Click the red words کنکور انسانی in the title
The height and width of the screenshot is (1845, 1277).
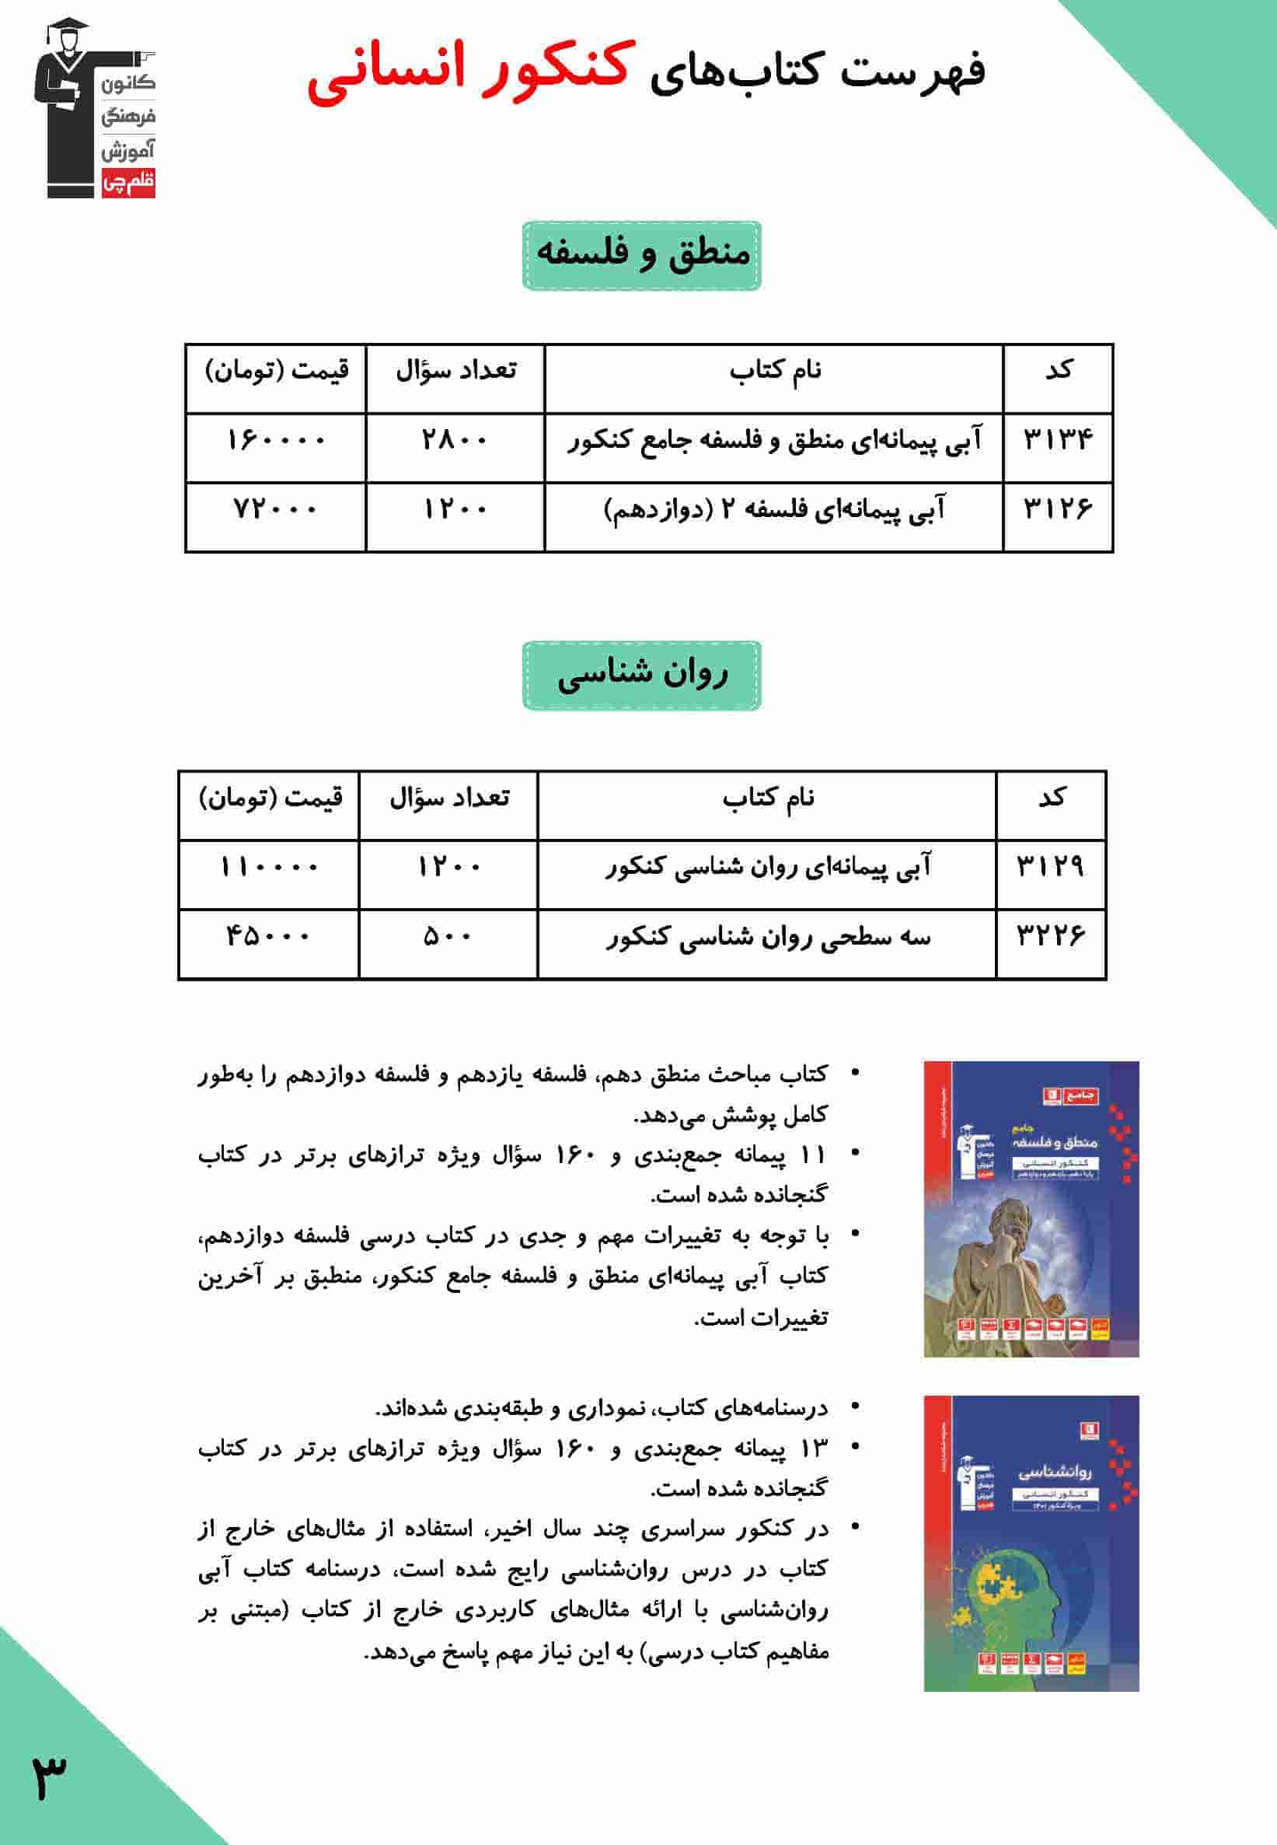pos(472,72)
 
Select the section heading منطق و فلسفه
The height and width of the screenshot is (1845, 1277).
pos(642,254)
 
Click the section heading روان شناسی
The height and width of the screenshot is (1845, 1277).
pos(642,675)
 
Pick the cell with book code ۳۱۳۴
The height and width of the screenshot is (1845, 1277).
pos(1058,440)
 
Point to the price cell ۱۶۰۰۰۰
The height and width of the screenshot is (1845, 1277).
pos(276,440)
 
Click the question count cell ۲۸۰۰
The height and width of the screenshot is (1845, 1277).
pos(455,440)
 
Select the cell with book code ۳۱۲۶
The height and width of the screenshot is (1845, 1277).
pos(1058,509)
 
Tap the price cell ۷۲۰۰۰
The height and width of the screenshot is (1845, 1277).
pos(276,509)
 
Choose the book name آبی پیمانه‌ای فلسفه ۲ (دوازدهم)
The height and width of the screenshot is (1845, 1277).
pos(773,509)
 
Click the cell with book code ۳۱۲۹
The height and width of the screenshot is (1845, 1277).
pos(1051,867)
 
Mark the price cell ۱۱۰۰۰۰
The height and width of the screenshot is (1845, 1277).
pos(269,867)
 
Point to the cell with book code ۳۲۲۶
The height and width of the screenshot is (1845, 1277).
pos(1051,935)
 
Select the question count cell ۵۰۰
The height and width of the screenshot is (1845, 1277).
pos(448,935)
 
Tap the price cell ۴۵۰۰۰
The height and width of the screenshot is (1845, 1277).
pos(269,935)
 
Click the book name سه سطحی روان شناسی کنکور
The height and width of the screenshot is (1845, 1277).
pos(767,935)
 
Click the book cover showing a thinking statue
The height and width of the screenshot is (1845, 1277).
pos(1031,1209)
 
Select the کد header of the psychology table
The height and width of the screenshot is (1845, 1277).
pos(1051,798)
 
